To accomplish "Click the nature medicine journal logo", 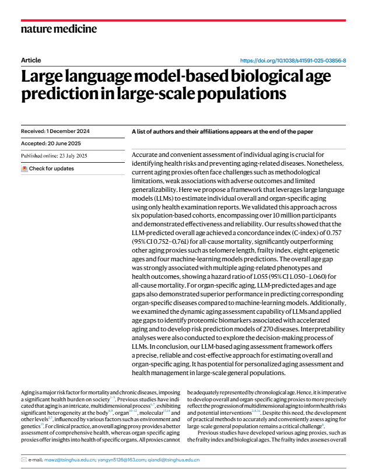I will [x=58, y=29].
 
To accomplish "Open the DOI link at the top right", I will [x=293, y=61].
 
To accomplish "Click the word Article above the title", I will [x=31, y=61].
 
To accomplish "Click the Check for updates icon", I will [x=24, y=169].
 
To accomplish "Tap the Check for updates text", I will [x=51, y=169].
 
